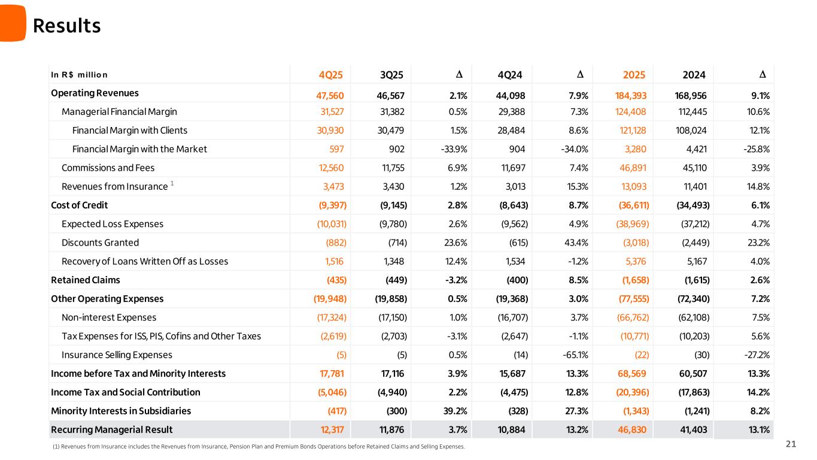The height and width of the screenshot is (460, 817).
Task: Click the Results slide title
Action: click(66, 26)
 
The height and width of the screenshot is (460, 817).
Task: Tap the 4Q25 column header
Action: click(331, 75)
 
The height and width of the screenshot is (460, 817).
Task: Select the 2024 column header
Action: click(694, 75)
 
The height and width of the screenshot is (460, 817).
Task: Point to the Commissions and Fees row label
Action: click(108, 168)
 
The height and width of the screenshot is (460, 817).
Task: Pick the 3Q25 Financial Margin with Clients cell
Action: click(392, 131)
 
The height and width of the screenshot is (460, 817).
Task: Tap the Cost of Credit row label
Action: click(80, 205)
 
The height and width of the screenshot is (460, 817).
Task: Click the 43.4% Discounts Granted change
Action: click(576, 243)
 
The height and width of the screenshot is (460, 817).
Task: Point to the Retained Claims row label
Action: click(86, 280)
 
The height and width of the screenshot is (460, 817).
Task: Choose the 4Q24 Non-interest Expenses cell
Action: click(512, 317)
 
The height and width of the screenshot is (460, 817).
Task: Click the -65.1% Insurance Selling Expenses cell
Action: click(574, 355)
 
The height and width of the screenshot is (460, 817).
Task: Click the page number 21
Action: click(791, 444)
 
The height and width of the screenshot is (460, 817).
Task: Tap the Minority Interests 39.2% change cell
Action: click(454, 411)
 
